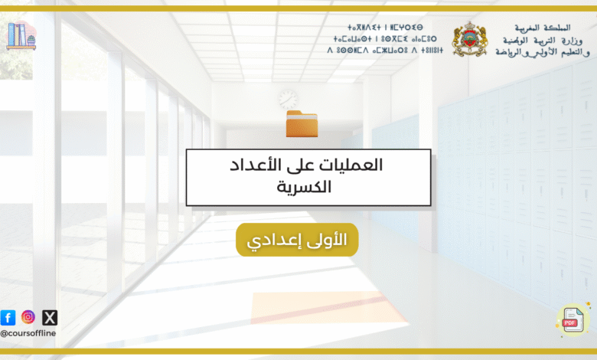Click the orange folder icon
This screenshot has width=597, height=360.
[302, 123]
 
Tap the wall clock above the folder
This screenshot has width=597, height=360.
[288, 100]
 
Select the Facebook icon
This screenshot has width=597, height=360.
[8, 317]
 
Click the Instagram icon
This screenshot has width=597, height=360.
[28, 317]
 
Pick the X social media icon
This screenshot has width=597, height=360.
[50, 317]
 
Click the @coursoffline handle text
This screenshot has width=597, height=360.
[28, 333]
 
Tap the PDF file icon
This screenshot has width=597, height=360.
[573, 320]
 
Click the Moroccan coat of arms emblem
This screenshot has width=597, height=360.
[470, 39]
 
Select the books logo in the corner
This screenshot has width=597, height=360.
[21, 36]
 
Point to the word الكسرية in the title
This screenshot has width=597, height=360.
[304, 187]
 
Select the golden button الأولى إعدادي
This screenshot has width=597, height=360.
[297, 240]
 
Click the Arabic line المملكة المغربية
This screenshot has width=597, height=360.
[543, 28]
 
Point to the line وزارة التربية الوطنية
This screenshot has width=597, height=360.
[543, 41]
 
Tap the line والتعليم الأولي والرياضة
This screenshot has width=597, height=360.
[543, 52]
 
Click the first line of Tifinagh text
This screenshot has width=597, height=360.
[385, 28]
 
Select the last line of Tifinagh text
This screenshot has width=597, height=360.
[385, 50]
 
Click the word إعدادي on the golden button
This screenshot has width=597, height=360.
[271, 241]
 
